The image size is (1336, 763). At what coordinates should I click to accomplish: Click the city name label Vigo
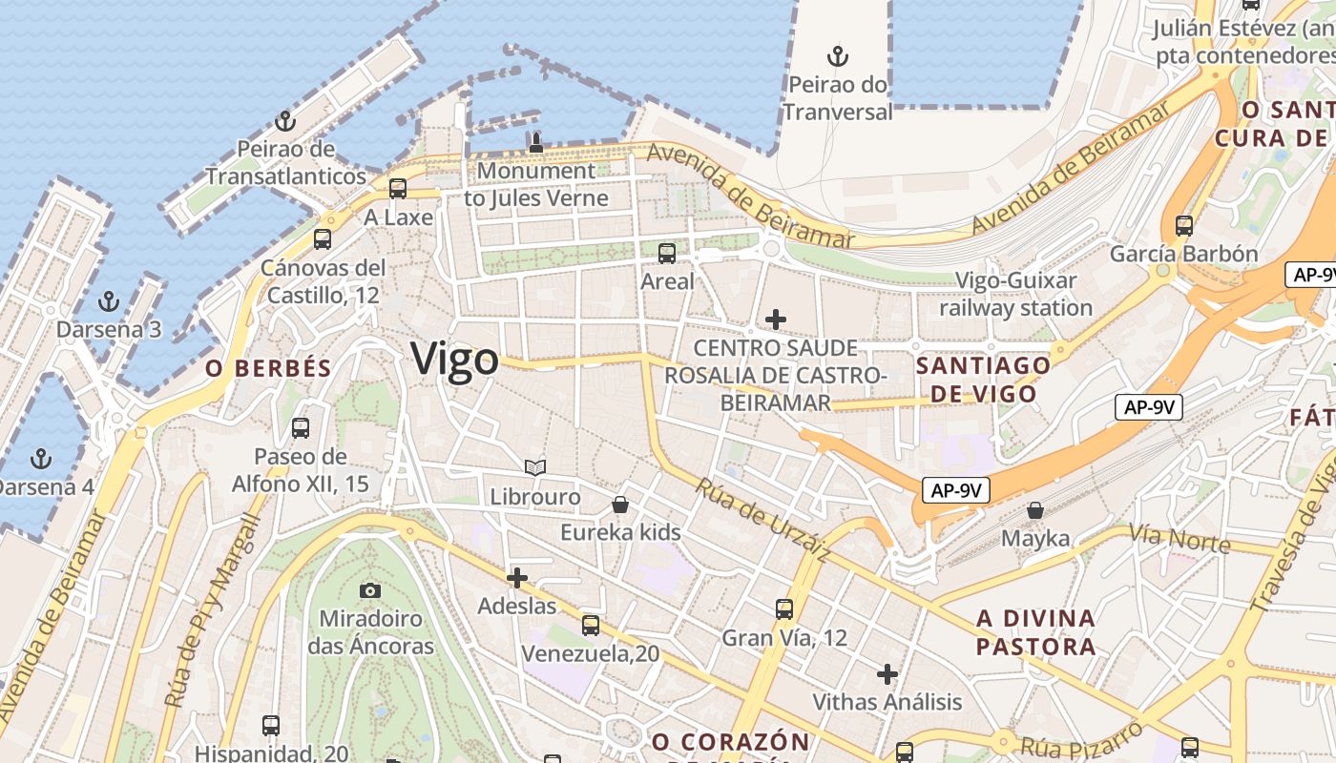pos(454,360)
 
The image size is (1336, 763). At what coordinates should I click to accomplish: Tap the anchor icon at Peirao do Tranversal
pos(837,56)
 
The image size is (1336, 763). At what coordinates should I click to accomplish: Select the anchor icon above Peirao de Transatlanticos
pos(284,121)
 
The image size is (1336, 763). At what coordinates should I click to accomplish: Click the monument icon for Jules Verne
pos(535,143)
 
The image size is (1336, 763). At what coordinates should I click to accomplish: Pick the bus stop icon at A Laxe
pos(398,189)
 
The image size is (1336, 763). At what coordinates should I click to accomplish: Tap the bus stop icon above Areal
pos(667,254)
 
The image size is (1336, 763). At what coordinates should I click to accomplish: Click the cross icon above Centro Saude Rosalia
pos(776,319)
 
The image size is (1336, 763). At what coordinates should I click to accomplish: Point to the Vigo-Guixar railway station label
pos(1016,294)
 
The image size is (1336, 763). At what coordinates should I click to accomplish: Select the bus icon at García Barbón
pos(1184,226)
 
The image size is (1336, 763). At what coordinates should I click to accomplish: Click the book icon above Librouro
pos(535,467)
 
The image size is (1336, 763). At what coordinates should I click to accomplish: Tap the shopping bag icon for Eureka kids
pos(620,504)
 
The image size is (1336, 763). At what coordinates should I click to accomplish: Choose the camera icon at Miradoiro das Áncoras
pos(370,590)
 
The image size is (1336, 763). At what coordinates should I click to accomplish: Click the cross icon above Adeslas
pos(516,577)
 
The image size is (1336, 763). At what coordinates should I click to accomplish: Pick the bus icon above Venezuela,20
pos(591,626)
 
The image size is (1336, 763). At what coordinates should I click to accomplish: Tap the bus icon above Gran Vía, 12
pos(784,608)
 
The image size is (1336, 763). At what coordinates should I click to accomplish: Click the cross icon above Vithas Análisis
pos(887,674)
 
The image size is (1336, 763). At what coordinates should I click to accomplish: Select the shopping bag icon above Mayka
pos(1035,510)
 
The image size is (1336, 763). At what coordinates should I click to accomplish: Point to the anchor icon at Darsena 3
pos(109,301)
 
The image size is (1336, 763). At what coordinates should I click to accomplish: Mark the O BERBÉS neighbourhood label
pos(268,368)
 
